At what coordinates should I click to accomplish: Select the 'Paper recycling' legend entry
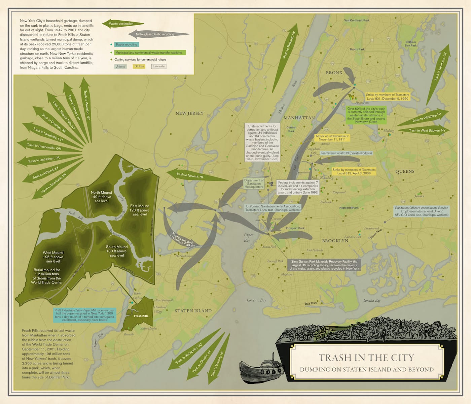point(126,44)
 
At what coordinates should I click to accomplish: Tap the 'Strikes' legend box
point(139,66)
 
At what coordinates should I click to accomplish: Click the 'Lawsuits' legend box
point(158,66)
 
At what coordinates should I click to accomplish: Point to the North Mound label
point(101,197)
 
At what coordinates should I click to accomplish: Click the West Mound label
point(53,257)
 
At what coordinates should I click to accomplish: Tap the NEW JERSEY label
point(189,113)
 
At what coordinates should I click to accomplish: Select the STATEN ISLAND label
point(193,311)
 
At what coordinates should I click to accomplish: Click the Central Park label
point(291,129)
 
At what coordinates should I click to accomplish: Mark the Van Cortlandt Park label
point(357,20)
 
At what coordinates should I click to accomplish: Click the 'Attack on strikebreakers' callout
point(332,138)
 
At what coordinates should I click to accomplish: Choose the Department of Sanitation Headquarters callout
point(254,183)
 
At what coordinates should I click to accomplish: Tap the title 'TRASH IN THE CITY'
point(366,358)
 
